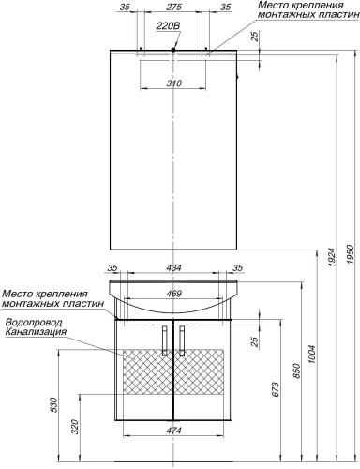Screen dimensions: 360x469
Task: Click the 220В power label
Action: click(x=168, y=26)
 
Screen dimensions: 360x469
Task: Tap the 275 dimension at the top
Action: click(x=173, y=7)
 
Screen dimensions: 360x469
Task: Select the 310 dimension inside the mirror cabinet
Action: click(x=173, y=83)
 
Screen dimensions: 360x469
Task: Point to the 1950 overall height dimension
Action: click(x=352, y=254)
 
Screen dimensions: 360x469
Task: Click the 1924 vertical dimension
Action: click(x=332, y=258)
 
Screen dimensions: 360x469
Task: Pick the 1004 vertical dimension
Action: click(x=313, y=355)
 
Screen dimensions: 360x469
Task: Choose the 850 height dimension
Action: click(x=296, y=371)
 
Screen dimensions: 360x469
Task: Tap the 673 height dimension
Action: click(x=277, y=389)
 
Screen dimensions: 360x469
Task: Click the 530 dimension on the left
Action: click(x=53, y=405)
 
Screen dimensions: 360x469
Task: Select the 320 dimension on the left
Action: click(x=75, y=427)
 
